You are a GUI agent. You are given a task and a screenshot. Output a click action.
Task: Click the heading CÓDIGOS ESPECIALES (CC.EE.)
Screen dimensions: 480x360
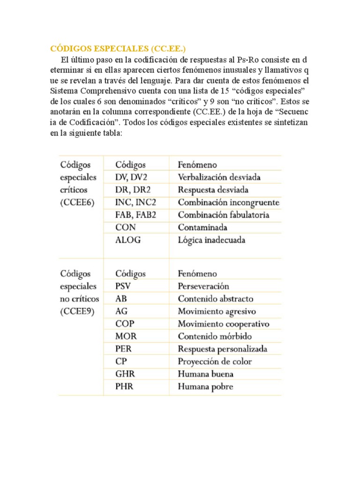click(x=120, y=49)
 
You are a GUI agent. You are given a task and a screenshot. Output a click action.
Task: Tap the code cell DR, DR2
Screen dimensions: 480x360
click(x=133, y=190)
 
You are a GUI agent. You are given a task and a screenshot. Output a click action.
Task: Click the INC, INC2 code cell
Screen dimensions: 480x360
click(x=135, y=203)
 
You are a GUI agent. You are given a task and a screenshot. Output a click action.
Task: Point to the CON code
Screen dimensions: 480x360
click(x=125, y=228)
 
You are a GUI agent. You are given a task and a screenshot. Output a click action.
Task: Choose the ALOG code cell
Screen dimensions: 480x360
click(x=128, y=240)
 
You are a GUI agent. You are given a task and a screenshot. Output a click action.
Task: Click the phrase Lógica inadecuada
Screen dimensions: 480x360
click(x=211, y=240)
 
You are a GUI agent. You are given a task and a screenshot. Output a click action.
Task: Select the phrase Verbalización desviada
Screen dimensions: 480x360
click(x=219, y=178)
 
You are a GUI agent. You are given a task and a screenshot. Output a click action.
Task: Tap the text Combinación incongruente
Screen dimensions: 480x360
click(x=228, y=203)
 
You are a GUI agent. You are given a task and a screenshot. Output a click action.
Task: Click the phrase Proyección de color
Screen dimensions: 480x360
click(x=215, y=361)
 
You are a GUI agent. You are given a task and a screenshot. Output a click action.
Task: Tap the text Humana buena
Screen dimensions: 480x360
click(x=205, y=374)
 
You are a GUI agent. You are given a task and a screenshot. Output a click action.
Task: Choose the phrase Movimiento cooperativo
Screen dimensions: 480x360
click(x=224, y=324)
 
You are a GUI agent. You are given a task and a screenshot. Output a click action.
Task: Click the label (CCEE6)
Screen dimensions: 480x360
click(x=77, y=203)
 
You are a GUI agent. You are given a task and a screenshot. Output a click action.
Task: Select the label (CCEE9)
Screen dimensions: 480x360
click(x=77, y=311)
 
